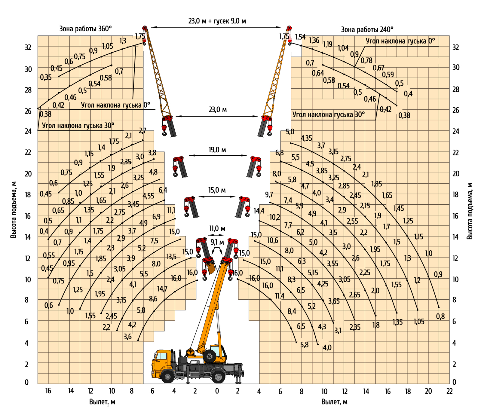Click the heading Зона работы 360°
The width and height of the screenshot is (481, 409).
tap(85, 29)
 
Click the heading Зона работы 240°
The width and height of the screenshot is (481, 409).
tap(367, 29)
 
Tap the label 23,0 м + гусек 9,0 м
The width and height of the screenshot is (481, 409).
tap(217, 21)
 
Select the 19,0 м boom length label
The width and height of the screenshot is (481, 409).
tap(217, 150)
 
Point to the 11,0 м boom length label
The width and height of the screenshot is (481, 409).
tap(217, 229)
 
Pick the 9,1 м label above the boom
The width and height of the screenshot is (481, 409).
tap(217, 242)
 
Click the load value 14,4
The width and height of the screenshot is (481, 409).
tap(259, 211)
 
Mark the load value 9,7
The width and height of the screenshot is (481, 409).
tap(269, 195)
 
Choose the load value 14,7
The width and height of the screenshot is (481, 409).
tap(162, 289)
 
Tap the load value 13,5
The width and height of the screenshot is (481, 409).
tap(171, 257)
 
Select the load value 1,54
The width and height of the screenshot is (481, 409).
tap(300, 37)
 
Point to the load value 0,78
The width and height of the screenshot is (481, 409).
tap(366, 60)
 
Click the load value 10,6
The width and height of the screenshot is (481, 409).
tap(273, 240)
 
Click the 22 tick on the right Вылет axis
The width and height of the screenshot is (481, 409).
tap(449, 391)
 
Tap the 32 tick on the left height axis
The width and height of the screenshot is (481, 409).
tap(28, 47)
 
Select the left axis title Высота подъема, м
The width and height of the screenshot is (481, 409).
tap(14, 209)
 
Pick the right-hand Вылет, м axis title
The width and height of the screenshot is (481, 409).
tap(334, 402)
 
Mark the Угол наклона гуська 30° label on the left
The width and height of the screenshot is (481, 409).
tap(78, 125)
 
